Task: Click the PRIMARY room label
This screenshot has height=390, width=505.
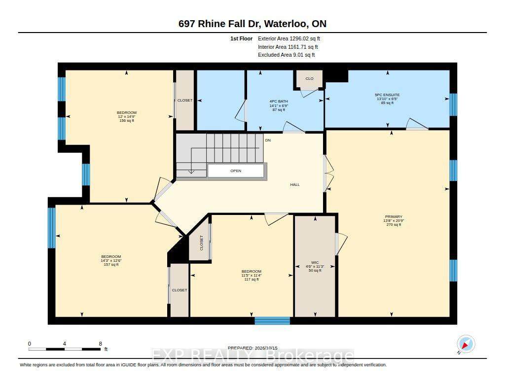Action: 394,217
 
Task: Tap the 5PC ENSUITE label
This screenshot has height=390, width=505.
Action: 387,95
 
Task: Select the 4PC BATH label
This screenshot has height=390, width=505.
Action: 279,102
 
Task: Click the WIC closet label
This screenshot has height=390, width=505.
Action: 315,262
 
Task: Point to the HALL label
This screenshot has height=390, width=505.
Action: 295,184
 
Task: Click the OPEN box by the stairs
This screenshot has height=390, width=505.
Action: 236,171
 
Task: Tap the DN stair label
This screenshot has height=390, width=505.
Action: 268,141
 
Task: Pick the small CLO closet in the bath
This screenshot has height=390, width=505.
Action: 309,78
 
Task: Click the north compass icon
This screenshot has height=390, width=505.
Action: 466,344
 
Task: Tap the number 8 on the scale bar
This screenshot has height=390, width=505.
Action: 101,344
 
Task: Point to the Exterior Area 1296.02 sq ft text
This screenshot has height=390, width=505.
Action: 289,38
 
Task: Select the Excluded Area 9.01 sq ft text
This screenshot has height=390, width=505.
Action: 287,55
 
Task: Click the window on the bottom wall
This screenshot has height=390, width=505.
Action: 272,321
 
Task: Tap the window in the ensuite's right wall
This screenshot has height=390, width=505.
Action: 453,105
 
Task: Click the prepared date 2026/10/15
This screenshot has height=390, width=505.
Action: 266,348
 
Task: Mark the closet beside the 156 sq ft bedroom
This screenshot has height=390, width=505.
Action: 185,100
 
